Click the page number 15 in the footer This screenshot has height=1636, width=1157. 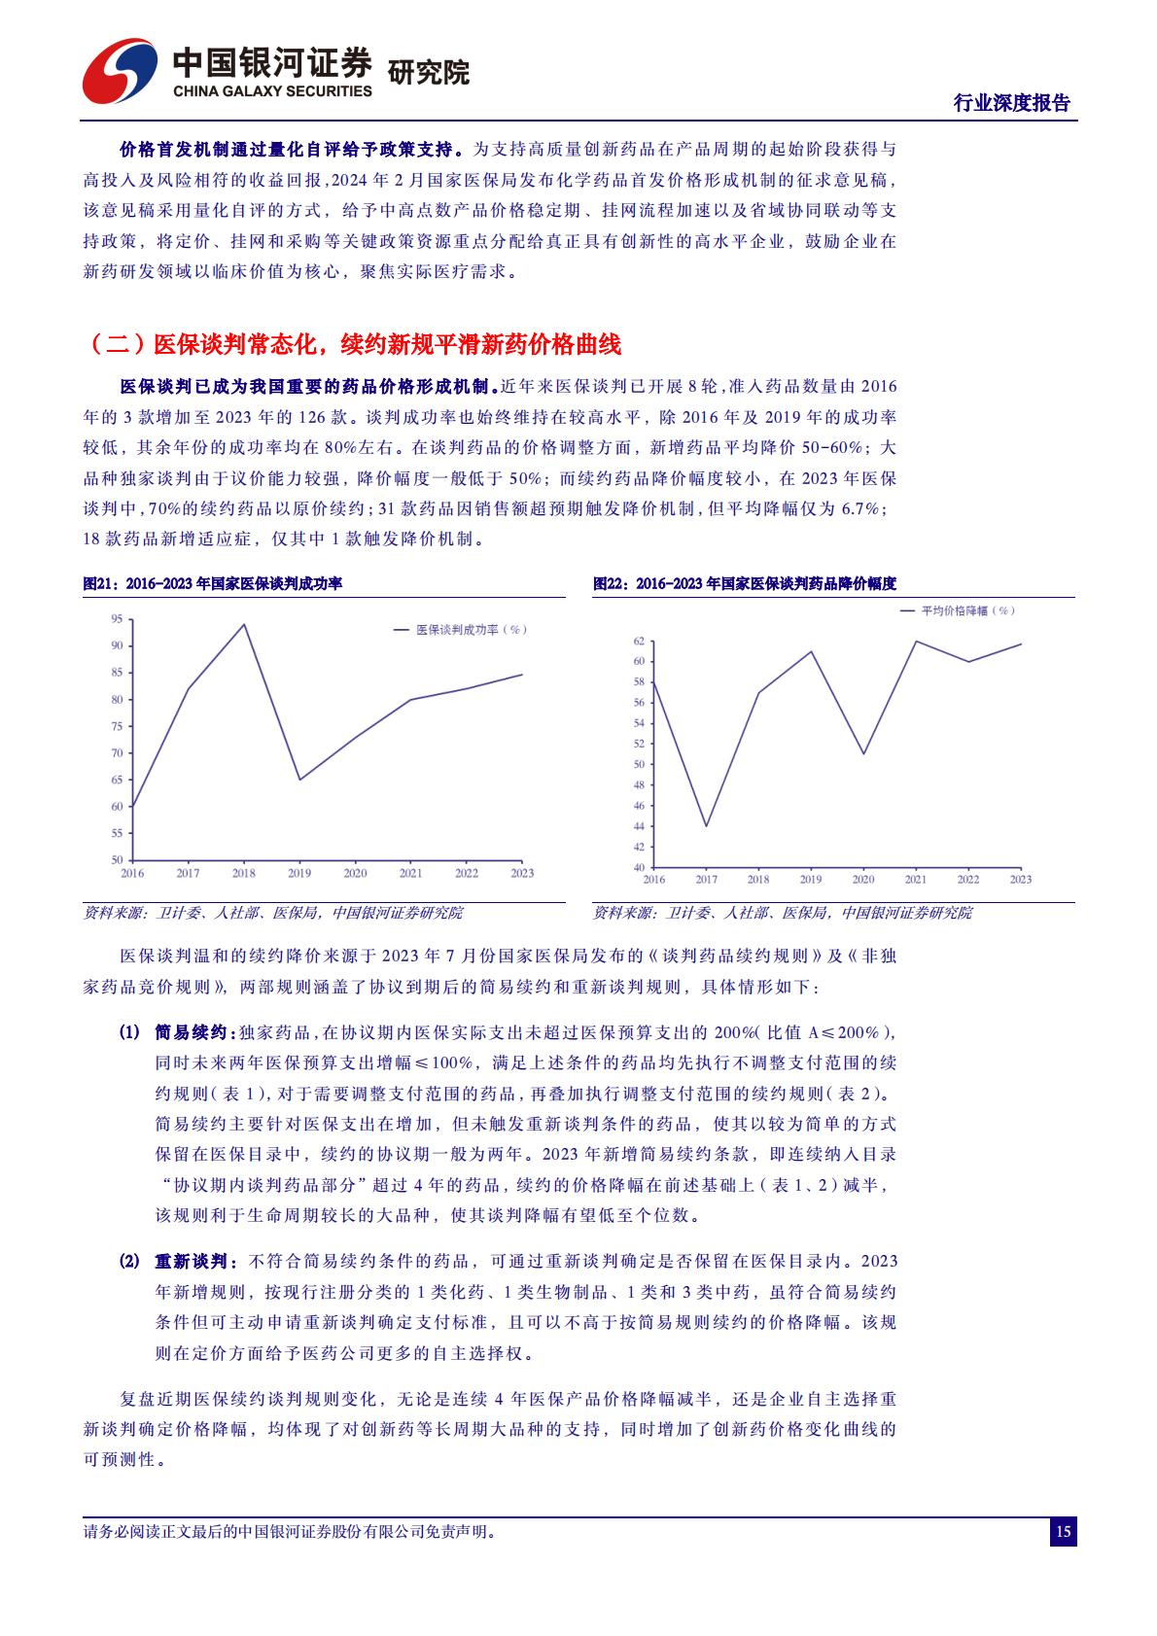pos(1063,1533)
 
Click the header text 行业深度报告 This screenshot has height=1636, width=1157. pos(1011,103)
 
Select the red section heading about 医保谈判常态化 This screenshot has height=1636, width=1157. pos(355,344)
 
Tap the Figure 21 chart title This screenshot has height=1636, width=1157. pos(213,583)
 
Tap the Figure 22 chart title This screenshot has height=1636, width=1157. pos(745,583)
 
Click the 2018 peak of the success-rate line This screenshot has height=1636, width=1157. pos(243,624)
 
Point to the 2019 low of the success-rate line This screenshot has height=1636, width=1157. pos(299,780)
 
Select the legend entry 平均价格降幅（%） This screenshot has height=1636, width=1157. pos(958,610)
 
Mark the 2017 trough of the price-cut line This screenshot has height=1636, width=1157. pos(706,826)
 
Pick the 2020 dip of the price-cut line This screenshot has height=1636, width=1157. pos(863,753)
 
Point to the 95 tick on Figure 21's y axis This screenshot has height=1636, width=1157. pos(117,618)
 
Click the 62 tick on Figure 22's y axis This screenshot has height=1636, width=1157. pos(639,641)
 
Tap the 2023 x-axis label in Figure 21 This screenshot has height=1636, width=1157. pos(522,873)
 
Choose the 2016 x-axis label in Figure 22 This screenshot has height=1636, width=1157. pos(654,880)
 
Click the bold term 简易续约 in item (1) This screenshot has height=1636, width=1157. pos(191,1032)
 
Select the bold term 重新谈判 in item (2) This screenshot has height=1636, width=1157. pos(191,1262)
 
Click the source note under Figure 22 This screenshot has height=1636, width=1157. pos(782,913)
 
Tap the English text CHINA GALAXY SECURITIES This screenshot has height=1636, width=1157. pos(272,91)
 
